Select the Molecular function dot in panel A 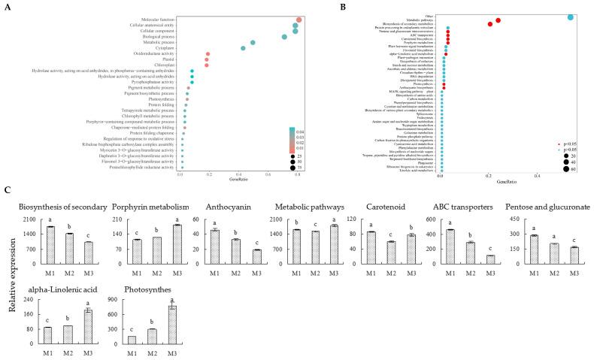click(x=299, y=20)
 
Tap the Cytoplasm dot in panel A click(x=243, y=48)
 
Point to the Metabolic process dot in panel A click(x=253, y=43)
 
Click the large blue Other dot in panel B click(x=571, y=17)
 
